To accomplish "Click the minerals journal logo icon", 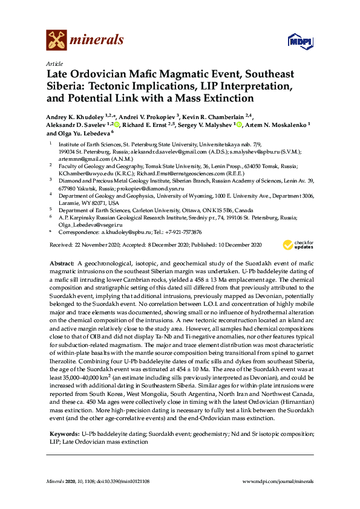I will [56, 41].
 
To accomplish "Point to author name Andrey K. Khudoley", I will [74, 116].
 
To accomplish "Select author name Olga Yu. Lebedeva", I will [86, 133].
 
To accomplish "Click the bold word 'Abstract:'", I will [61, 264].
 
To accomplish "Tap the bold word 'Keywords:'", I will [64, 434].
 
